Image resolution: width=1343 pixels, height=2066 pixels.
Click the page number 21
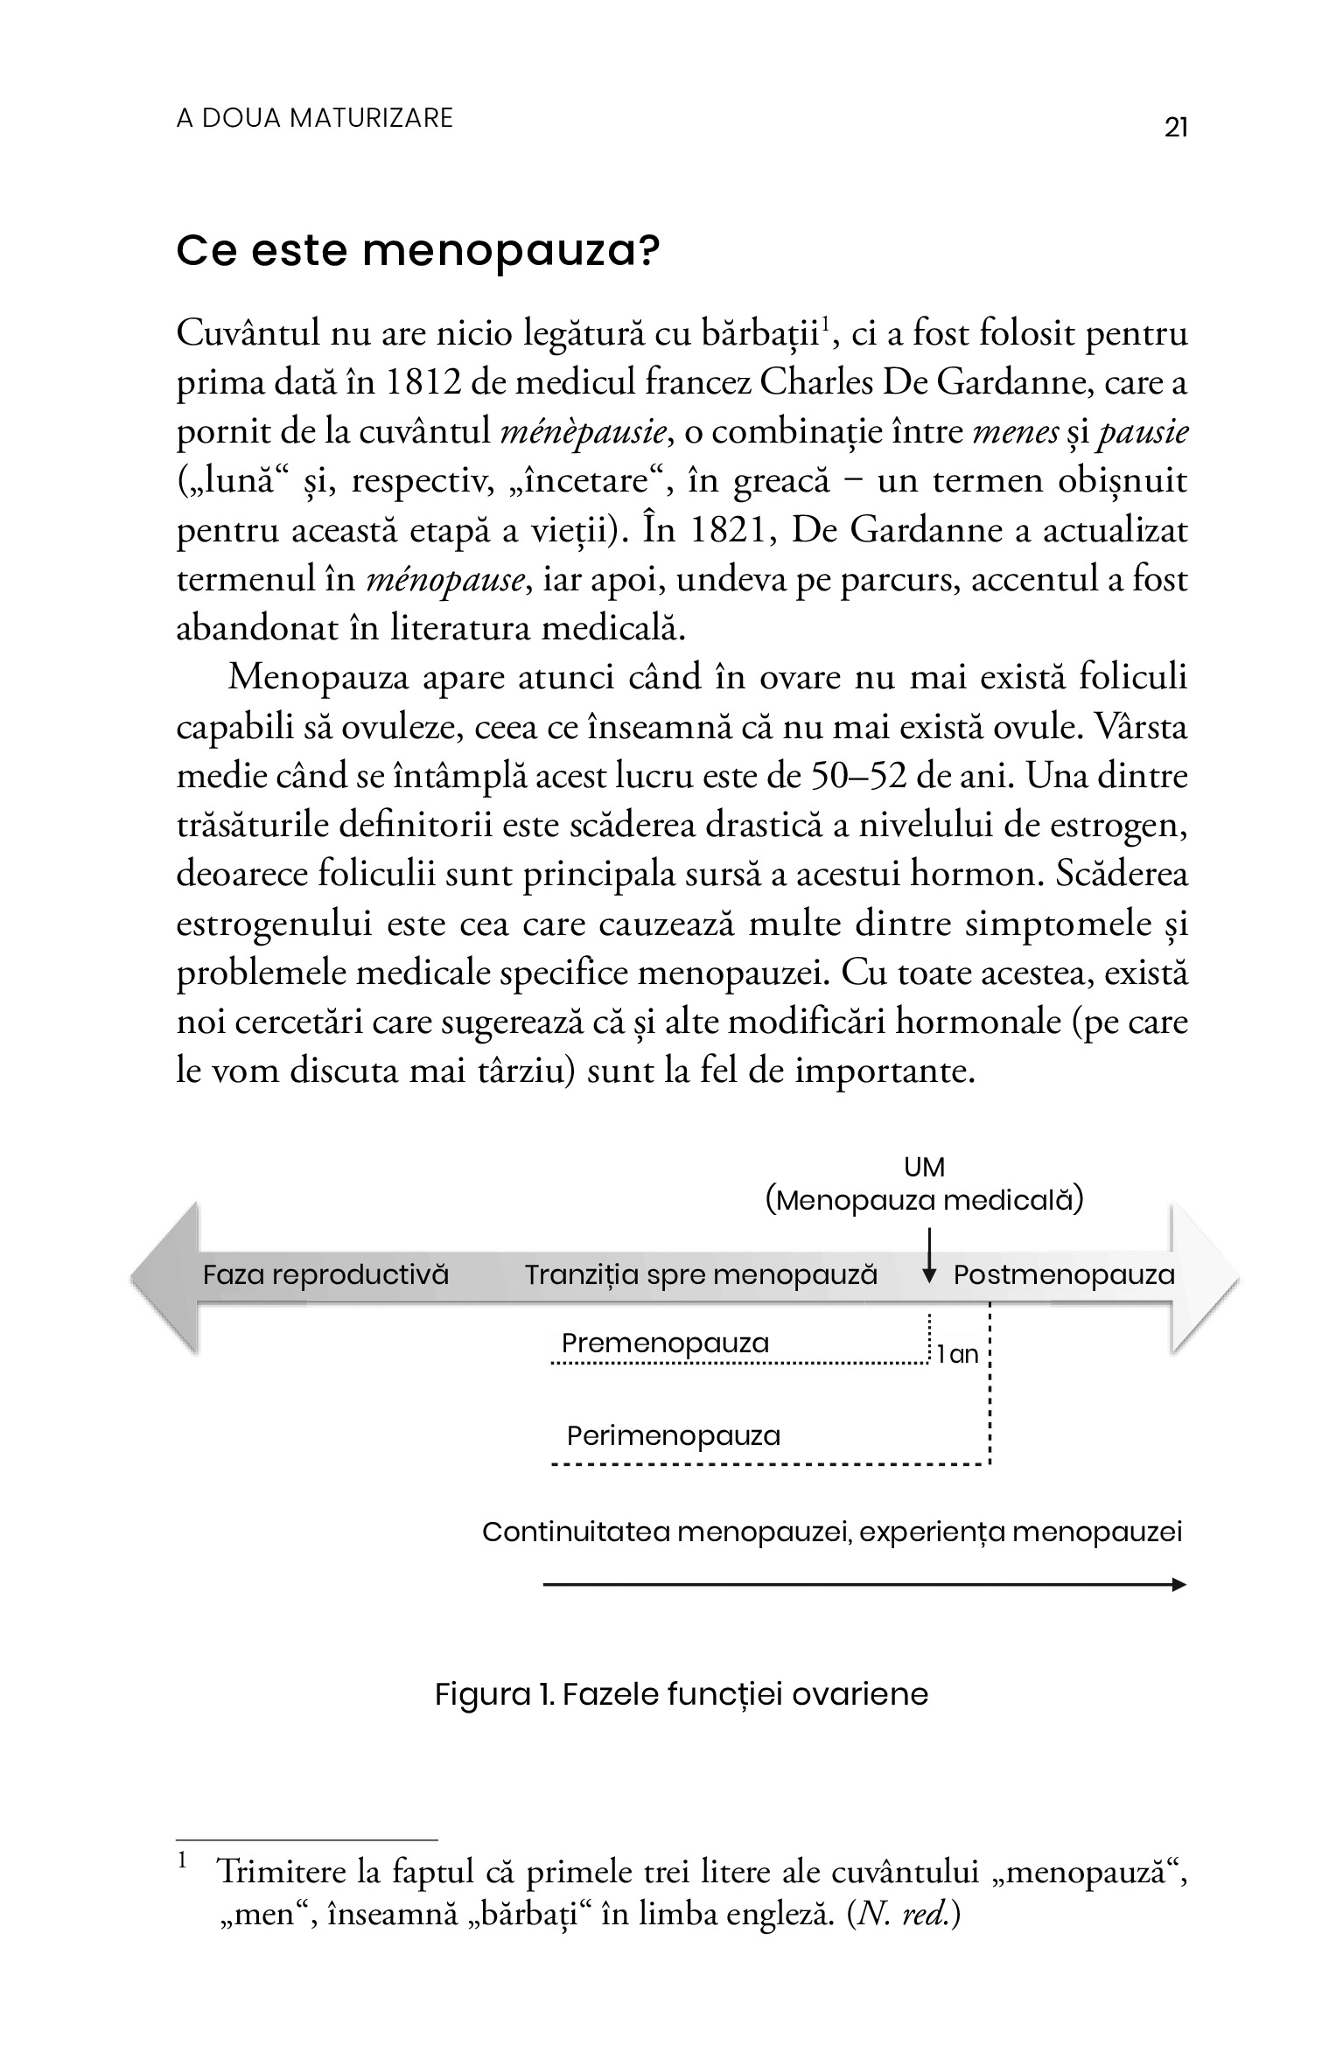[x=1176, y=128]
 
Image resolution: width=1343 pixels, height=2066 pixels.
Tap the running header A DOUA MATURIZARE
[x=315, y=118]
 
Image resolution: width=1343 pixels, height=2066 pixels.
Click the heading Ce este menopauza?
[x=417, y=252]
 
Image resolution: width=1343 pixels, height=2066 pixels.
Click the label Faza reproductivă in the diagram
[x=325, y=1274]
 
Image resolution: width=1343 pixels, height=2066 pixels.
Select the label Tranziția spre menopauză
[x=700, y=1274]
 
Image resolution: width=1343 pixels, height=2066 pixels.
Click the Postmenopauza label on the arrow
[x=1063, y=1274]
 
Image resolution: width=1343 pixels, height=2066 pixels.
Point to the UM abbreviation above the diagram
[x=924, y=1167]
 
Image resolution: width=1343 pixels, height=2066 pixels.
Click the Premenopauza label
[x=665, y=1343]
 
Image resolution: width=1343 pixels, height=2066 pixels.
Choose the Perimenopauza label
[x=673, y=1435]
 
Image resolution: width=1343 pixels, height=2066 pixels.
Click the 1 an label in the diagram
[x=957, y=1355]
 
